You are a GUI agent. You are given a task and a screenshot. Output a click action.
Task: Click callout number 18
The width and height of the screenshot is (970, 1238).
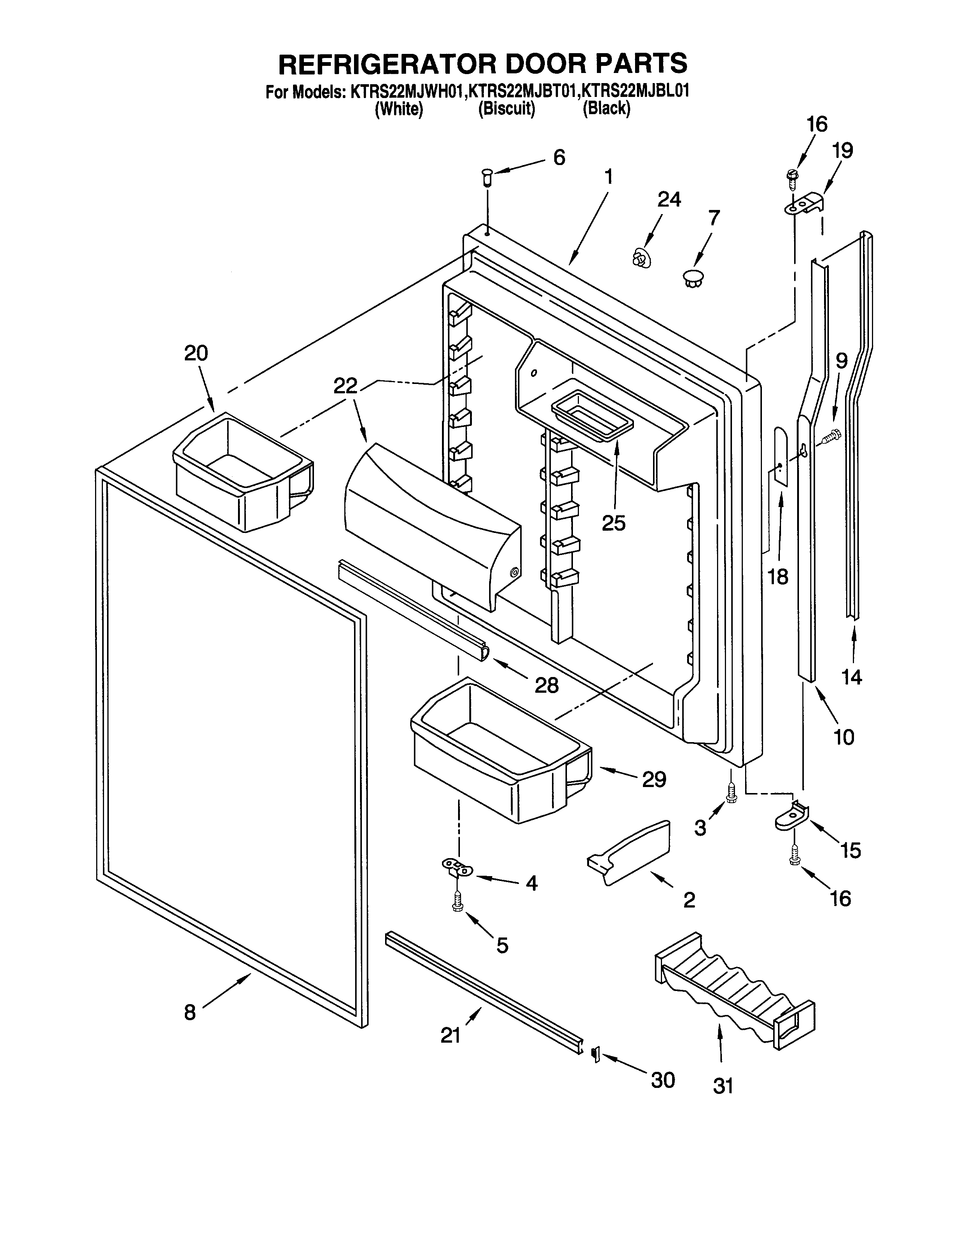tap(778, 577)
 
